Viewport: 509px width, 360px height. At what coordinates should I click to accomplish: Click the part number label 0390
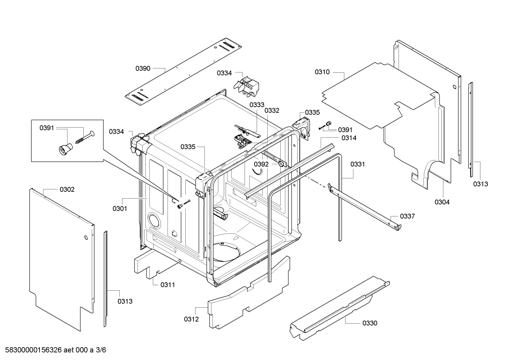(x=143, y=69)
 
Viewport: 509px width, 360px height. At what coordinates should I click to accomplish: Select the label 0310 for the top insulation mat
(x=322, y=72)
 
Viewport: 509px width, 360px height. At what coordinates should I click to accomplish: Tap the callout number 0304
(x=442, y=202)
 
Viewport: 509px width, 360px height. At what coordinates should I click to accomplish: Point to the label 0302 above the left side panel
(x=67, y=189)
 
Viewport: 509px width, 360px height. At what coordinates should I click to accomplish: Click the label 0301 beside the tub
(x=120, y=208)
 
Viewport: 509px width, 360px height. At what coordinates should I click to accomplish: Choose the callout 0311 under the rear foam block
(x=168, y=285)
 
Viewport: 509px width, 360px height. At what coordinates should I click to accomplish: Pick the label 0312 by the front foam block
(x=191, y=319)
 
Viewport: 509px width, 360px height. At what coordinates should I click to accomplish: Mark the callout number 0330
(x=370, y=323)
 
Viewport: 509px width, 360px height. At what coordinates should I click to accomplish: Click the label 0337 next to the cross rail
(x=407, y=216)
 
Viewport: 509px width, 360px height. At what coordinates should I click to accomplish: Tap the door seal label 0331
(x=358, y=164)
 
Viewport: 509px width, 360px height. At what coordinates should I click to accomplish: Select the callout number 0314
(x=349, y=138)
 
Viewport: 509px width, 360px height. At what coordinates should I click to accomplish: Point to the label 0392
(x=261, y=164)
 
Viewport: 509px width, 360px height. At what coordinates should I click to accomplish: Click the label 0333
(x=257, y=105)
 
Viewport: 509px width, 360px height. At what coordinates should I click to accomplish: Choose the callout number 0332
(x=272, y=111)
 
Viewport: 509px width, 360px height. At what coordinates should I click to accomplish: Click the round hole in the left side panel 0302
(x=86, y=238)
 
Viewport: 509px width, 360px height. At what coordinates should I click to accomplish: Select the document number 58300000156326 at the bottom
(x=34, y=350)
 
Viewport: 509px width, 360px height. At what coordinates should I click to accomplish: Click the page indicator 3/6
(x=101, y=350)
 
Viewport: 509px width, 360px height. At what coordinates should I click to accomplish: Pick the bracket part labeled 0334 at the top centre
(x=247, y=87)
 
